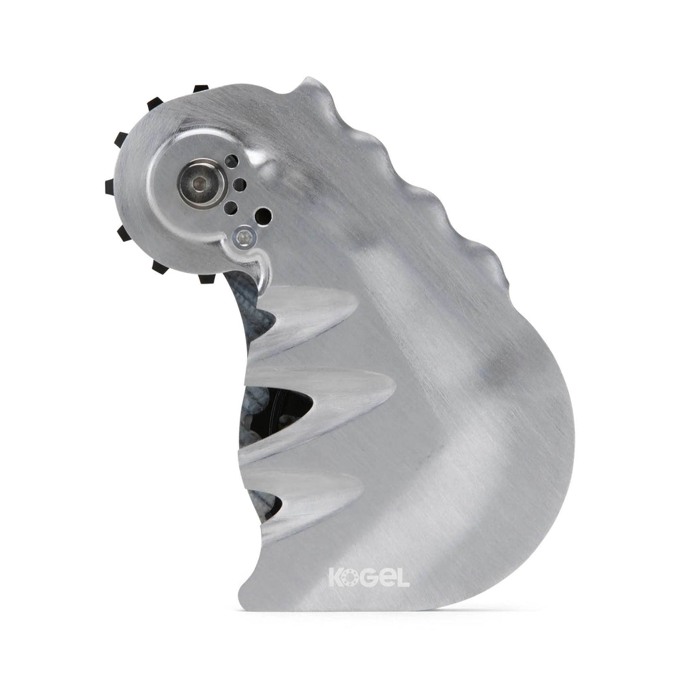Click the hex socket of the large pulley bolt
click(x=198, y=185)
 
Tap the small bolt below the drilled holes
click(x=245, y=237)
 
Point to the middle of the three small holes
click(x=238, y=185)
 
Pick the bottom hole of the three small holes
click(x=232, y=209)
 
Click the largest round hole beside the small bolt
click(x=263, y=216)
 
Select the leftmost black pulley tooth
click(x=110, y=187)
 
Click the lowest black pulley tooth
click(x=207, y=278)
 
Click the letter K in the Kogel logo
click(x=335, y=577)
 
